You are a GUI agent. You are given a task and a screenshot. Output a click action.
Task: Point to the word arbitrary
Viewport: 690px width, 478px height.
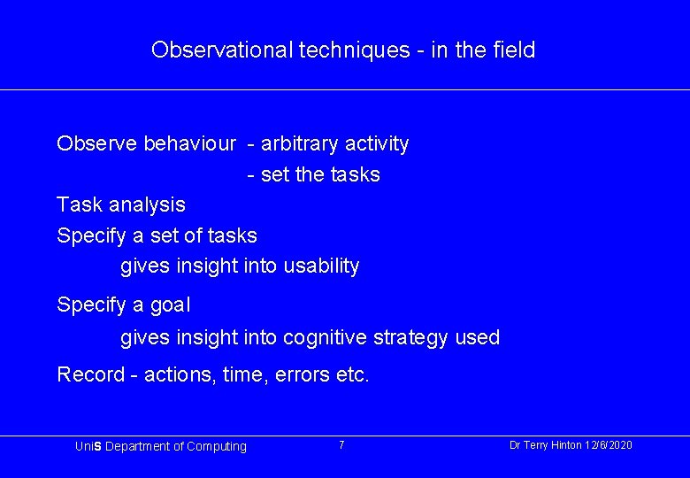tap(300, 143)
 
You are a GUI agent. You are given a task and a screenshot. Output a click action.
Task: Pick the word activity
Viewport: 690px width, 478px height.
tap(377, 143)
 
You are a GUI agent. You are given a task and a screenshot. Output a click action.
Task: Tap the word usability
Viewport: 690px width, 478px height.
tap(321, 266)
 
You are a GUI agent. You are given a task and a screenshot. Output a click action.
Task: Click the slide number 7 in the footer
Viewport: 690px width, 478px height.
tap(341, 444)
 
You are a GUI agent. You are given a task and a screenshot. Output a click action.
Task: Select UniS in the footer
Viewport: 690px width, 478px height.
tap(89, 446)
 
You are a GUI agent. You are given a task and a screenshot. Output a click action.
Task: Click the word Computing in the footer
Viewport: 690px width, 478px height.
tap(217, 446)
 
